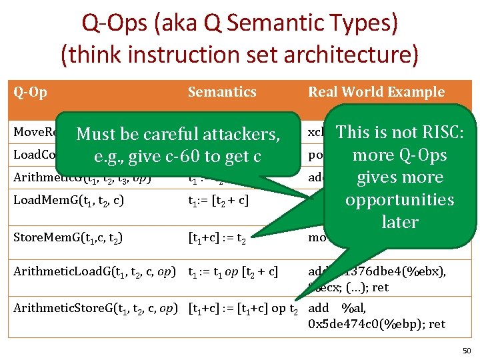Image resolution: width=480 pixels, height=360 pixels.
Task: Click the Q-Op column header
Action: click(30, 92)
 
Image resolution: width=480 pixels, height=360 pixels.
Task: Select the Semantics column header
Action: click(221, 92)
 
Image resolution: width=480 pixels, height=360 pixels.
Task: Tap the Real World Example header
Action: click(376, 92)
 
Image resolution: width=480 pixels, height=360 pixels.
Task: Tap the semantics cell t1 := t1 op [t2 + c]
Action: click(233, 271)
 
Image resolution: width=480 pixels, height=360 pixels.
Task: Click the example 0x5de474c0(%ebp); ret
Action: click(377, 324)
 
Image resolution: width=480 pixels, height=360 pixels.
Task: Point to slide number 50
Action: click(466, 351)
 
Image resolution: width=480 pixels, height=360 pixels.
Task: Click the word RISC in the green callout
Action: click(441, 132)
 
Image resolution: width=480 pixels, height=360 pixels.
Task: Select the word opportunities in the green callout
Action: click(399, 199)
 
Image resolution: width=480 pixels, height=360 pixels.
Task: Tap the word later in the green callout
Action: click(399, 221)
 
